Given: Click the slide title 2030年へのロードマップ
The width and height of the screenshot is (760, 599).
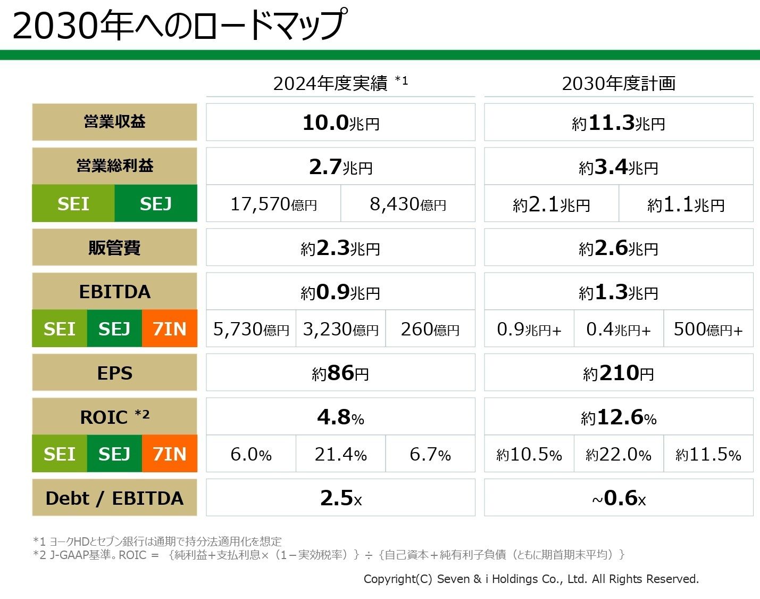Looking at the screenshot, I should (179, 25).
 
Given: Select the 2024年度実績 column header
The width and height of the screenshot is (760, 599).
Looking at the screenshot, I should (340, 84).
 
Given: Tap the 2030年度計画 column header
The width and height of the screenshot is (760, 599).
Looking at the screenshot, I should (619, 84).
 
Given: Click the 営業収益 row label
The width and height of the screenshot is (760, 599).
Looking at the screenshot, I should (114, 122).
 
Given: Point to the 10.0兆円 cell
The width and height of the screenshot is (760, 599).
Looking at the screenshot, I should (340, 122).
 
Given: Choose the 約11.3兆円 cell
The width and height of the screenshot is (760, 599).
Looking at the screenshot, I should (619, 123).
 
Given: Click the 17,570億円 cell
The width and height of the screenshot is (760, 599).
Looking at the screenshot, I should (273, 204).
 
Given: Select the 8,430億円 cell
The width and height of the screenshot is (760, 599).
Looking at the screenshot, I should (407, 204).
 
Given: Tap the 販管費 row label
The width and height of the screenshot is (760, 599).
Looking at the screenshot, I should (114, 248).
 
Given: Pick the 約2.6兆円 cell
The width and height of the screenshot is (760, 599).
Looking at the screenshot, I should (619, 248).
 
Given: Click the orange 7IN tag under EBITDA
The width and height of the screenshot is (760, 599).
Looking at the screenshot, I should (170, 329).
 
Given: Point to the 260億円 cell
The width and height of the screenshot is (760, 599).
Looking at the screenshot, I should (430, 329).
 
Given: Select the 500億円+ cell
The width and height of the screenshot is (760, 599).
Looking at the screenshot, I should (708, 329).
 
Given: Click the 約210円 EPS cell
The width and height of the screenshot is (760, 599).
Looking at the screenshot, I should (619, 373).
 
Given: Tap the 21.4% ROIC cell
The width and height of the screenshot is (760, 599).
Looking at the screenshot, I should (340, 454).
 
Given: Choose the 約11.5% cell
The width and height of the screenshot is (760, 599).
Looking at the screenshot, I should (708, 454).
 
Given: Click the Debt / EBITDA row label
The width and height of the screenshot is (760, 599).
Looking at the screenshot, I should (114, 498).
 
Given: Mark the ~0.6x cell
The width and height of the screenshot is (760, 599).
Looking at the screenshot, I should (619, 498).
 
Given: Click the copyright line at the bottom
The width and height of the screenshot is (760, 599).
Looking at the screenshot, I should (531, 579).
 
